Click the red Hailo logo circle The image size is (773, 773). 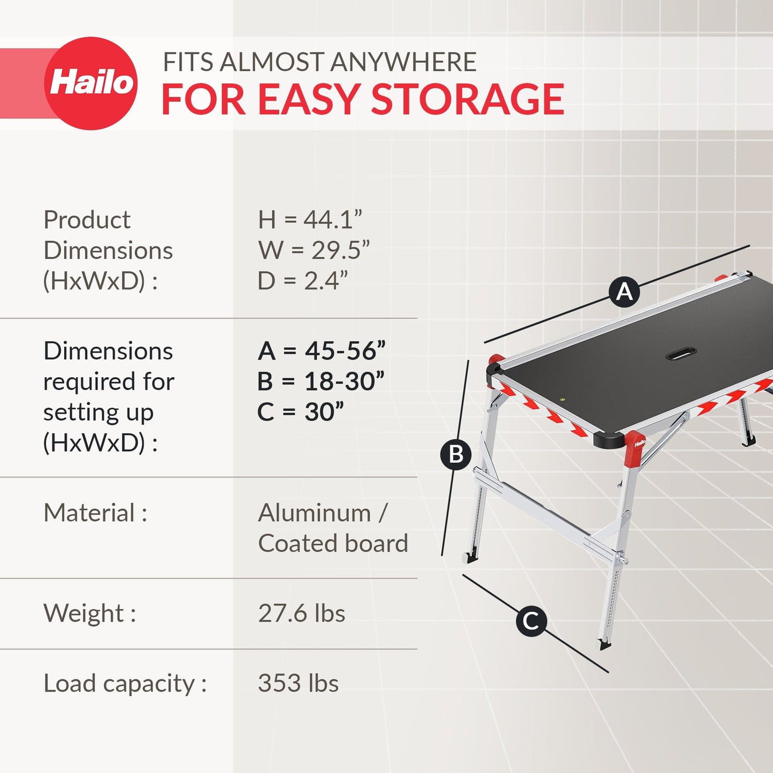91,83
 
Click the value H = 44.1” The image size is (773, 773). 310,220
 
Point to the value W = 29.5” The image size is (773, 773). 313,250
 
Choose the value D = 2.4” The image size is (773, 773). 302,281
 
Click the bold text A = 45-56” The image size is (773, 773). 321,351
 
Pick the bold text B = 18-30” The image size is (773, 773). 320,382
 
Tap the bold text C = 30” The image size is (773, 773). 300,412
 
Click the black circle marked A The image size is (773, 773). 624,292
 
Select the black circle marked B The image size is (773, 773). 456,455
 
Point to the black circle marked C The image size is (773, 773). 531,621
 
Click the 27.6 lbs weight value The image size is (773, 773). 301,614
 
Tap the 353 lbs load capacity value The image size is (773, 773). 298,684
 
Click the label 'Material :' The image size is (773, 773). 95,513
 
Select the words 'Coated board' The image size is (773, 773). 333,544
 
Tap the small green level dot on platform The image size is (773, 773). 562,399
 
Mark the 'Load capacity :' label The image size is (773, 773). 125,684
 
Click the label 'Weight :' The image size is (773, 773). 89,614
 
